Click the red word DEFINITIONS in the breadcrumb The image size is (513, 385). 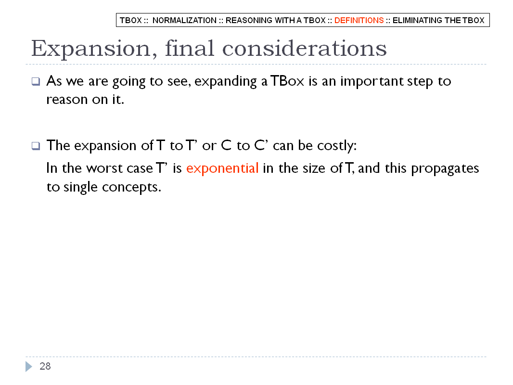359,20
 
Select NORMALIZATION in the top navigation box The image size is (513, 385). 184,20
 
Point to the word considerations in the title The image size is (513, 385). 304,48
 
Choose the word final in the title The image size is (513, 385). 190,48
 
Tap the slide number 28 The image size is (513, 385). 45,366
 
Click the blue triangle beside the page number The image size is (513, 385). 28,366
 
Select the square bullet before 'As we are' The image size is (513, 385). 36,81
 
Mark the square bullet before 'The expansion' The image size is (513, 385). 36,145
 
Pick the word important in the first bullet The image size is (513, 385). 372,81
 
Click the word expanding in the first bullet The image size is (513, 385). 225,81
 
